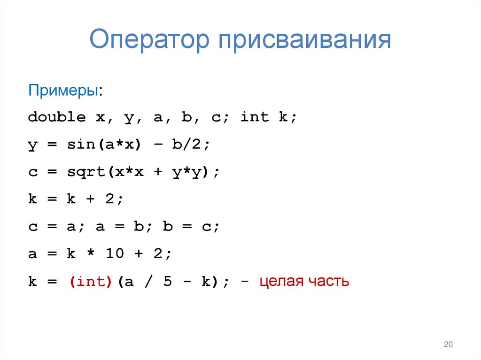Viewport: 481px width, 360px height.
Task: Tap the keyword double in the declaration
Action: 57,117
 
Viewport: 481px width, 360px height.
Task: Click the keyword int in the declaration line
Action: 254,117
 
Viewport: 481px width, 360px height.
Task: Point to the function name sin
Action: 81,145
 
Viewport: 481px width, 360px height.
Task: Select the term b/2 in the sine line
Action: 187,145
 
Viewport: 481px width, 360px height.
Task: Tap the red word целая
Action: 282,282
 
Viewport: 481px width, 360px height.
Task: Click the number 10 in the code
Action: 115,254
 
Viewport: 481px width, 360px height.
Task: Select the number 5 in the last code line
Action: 167,282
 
